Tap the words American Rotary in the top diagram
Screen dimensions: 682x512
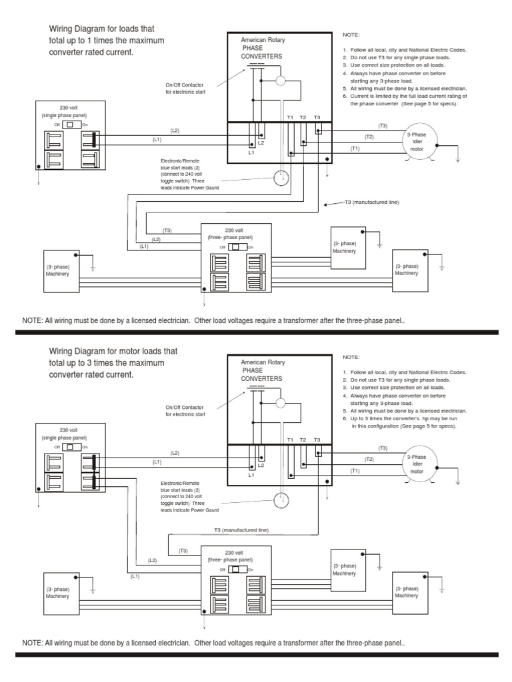(x=263, y=41)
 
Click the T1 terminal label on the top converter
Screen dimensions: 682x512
(x=290, y=117)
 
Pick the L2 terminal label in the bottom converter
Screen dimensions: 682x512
(x=261, y=465)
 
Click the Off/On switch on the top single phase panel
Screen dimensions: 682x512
(x=70, y=125)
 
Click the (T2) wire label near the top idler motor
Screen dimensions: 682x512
(x=369, y=137)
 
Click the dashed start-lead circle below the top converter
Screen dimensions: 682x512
(x=282, y=177)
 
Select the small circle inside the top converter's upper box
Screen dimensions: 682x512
(x=281, y=81)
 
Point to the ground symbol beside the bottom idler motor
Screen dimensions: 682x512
(x=457, y=481)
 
